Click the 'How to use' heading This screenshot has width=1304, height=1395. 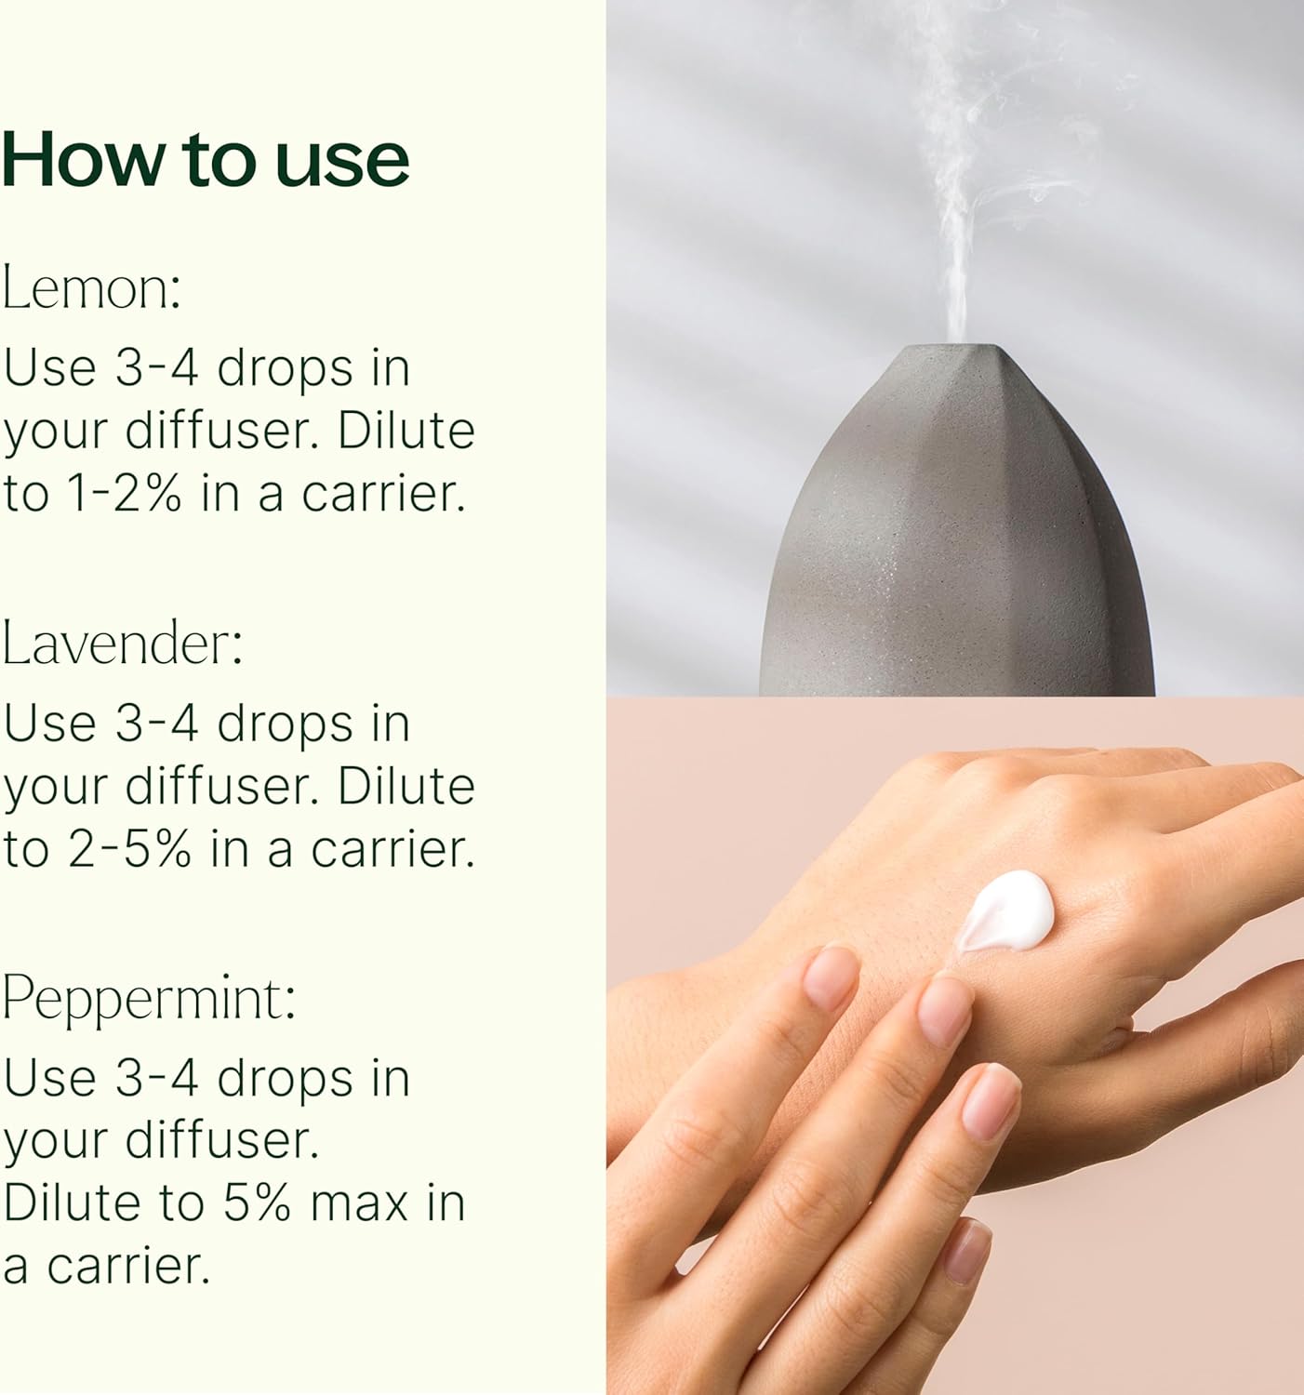click(206, 160)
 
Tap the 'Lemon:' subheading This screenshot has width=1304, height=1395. click(91, 289)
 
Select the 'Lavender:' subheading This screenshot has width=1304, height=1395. click(122, 644)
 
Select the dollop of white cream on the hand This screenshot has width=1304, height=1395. click(1006, 913)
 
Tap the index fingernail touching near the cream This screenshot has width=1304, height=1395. click(945, 1010)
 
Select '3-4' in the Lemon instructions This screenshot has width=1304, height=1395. click(156, 368)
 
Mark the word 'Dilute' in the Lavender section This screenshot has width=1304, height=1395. click(406, 787)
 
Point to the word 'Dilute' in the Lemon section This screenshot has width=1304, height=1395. click(406, 432)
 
